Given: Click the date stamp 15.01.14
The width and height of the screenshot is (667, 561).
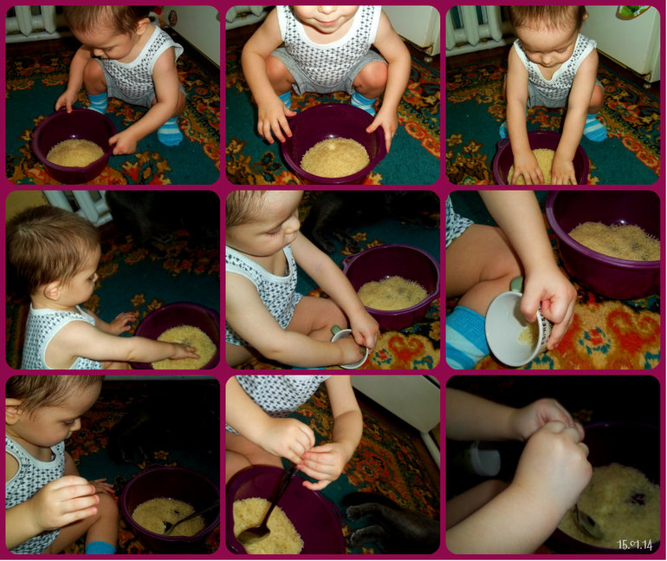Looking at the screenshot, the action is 634,545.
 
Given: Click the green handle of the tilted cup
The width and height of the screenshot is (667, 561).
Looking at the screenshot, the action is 517,284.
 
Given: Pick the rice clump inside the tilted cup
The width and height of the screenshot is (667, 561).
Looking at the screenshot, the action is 528,334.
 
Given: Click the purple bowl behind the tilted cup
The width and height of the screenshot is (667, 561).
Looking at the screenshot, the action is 604,245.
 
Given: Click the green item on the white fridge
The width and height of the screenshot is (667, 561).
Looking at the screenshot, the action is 633,12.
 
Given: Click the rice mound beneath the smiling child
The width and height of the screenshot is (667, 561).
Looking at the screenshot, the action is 335,158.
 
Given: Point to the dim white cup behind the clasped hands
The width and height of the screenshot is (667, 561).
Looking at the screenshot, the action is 483,458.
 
